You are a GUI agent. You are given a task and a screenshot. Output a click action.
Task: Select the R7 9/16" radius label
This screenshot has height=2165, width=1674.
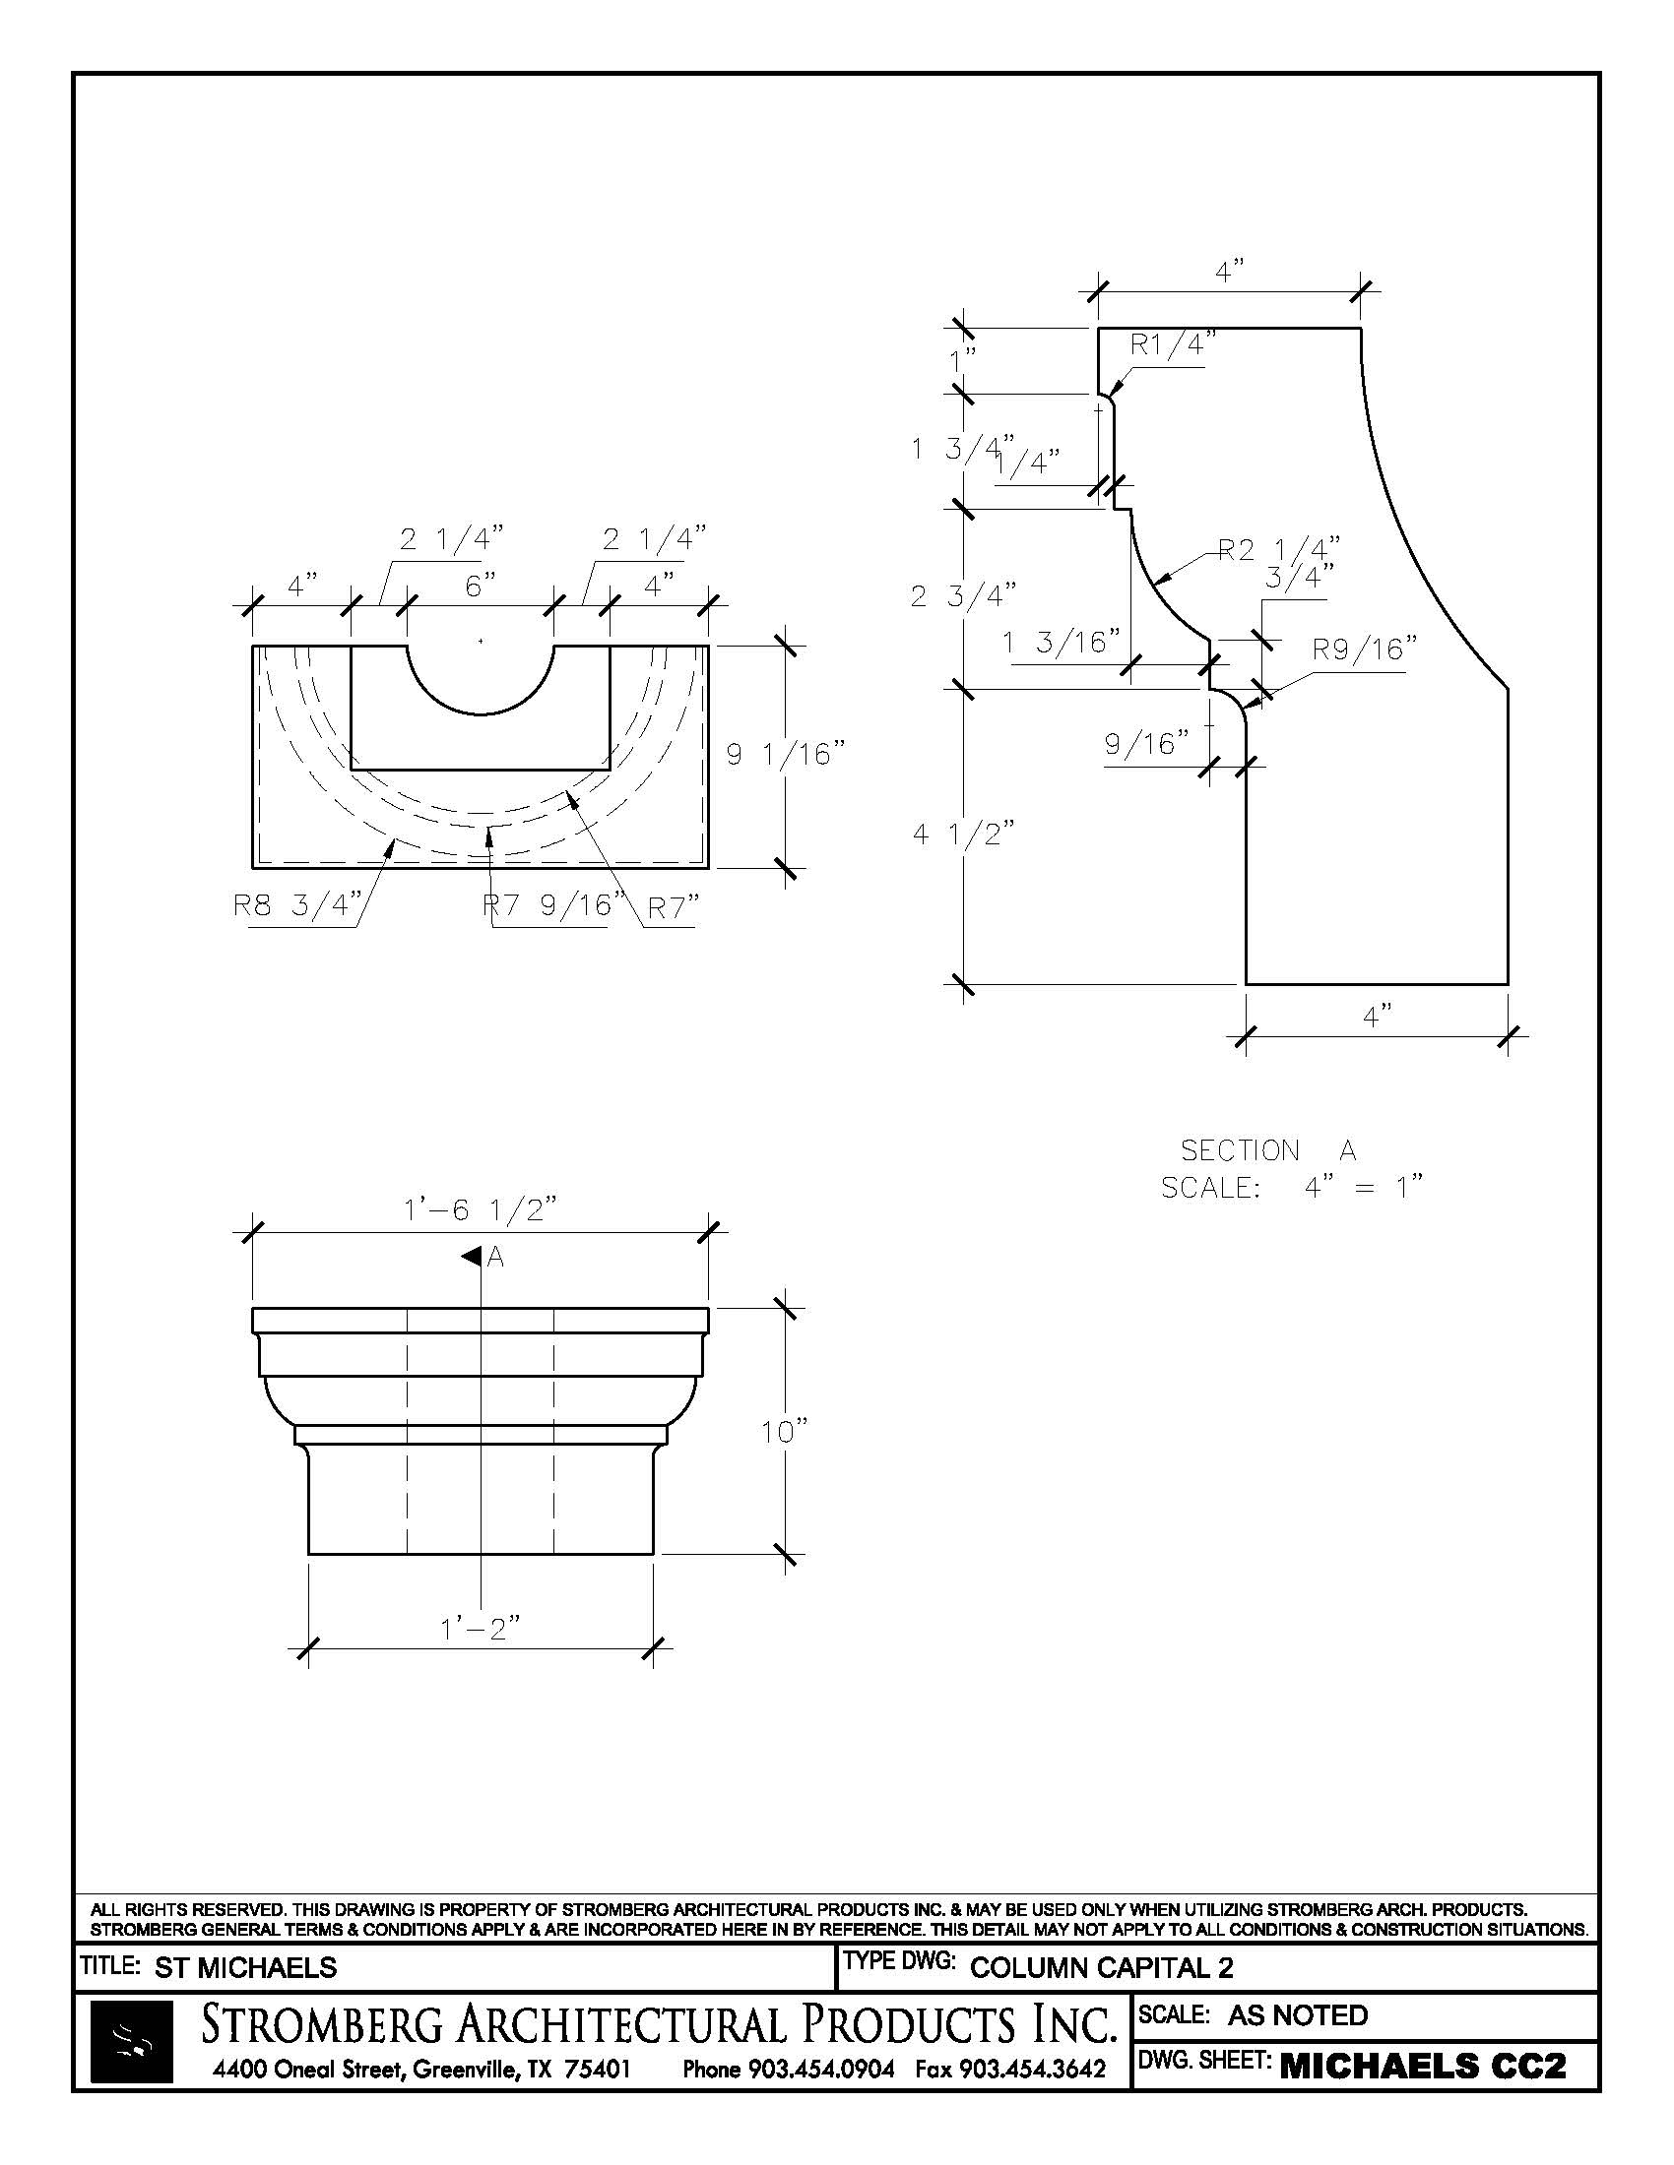click(x=554, y=906)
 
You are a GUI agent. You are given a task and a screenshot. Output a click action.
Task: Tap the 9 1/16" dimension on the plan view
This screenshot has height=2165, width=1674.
click(x=785, y=756)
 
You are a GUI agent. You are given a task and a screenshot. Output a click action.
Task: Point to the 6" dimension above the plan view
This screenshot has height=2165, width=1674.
click(x=480, y=587)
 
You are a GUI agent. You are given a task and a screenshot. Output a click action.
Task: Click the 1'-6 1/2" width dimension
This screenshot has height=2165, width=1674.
click(x=480, y=1210)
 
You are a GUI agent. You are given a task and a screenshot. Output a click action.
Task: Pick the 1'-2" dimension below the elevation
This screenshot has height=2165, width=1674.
click(x=480, y=1628)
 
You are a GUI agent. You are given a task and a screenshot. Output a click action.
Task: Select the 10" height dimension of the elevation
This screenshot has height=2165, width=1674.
click(x=785, y=1432)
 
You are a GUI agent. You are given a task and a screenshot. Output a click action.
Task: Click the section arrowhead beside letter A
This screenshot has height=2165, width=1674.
click(x=470, y=1257)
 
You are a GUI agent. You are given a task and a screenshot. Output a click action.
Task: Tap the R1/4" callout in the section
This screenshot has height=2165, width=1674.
click(x=1173, y=345)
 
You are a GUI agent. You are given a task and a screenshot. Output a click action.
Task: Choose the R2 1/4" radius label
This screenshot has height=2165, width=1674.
click(x=1278, y=549)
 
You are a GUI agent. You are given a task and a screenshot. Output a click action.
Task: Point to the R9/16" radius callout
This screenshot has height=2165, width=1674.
click(x=1365, y=650)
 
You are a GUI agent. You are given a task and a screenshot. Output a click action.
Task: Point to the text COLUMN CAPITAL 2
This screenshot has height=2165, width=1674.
click(x=1101, y=1968)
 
